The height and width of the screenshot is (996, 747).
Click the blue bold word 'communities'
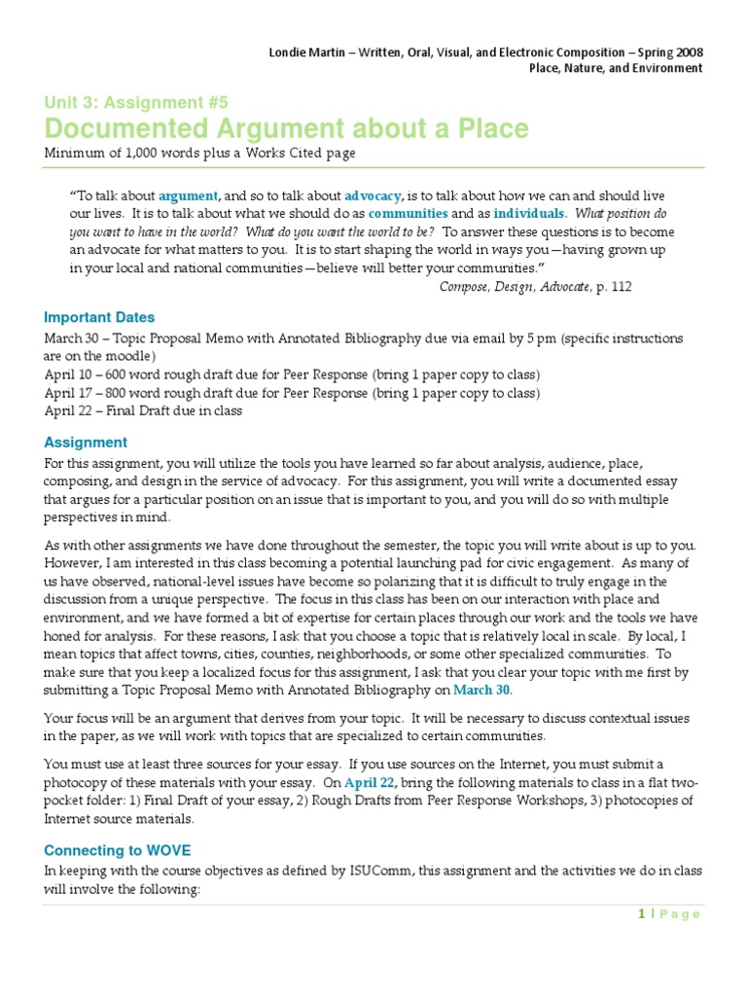click(408, 213)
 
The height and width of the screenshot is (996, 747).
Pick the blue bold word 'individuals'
click(528, 213)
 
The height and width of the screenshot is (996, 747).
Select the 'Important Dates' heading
click(99, 317)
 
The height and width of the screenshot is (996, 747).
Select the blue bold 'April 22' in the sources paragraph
click(395, 782)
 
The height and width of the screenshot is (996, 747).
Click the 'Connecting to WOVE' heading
click(117, 850)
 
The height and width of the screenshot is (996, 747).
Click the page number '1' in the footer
click(642, 913)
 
